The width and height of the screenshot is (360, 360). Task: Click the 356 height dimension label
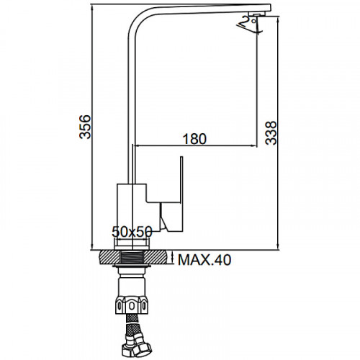point(85,127)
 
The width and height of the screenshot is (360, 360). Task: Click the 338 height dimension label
point(271,132)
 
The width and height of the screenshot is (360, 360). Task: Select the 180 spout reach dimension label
point(194,139)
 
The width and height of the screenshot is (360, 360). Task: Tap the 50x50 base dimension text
point(132,232)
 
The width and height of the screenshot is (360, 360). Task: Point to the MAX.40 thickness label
point(204,260)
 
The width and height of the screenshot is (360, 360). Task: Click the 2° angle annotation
point(249,23)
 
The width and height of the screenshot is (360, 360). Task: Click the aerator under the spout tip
point(256,14)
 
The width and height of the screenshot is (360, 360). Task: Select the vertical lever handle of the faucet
point(181,194)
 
